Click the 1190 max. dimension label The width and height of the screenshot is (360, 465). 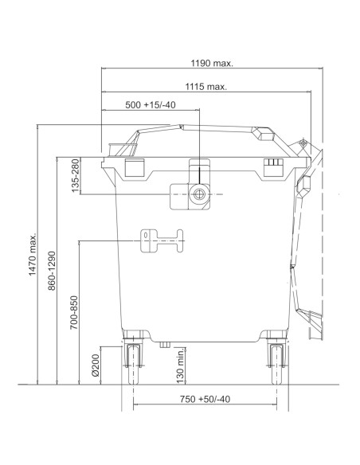[212, 63]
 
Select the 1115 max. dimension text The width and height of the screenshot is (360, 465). [206, 87]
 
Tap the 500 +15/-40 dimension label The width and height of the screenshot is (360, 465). [151, 105]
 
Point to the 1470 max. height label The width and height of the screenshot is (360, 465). [33, 254]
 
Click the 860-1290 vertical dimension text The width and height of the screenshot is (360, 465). [52, 271]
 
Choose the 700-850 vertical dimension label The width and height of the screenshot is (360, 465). [73, 312]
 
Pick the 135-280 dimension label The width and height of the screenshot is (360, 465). [76, 175]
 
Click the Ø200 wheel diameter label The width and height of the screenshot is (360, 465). [96, 365]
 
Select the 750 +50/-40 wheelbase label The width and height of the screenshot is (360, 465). [205, 399]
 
